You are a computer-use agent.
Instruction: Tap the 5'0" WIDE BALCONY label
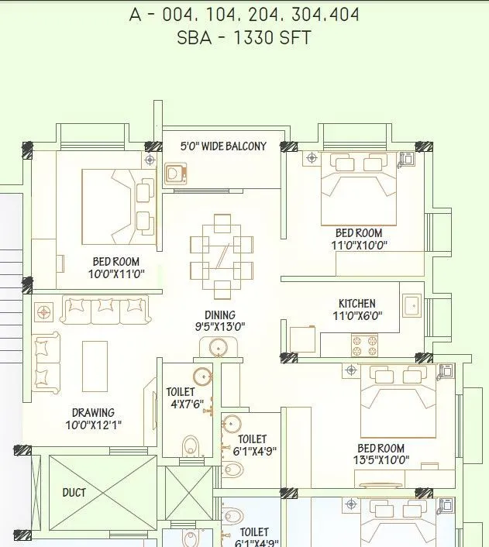tap(222, 146)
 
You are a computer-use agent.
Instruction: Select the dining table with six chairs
tap(222, 256)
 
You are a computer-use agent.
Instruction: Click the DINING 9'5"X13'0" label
tap(221, 321)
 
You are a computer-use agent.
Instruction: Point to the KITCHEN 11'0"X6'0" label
tap(356, 309)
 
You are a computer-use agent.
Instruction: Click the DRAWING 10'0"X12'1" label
tap(93, 418)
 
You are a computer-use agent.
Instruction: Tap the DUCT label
tap(74, 492)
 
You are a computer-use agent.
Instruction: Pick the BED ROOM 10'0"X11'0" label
tap(115, 267)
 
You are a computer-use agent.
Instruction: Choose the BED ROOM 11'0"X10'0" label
tap(358, 239)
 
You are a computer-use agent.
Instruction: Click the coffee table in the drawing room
tap(95, 360)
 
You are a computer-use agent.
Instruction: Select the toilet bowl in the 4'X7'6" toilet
tap(190, 446)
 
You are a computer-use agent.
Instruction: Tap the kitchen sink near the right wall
tap(412, 307)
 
